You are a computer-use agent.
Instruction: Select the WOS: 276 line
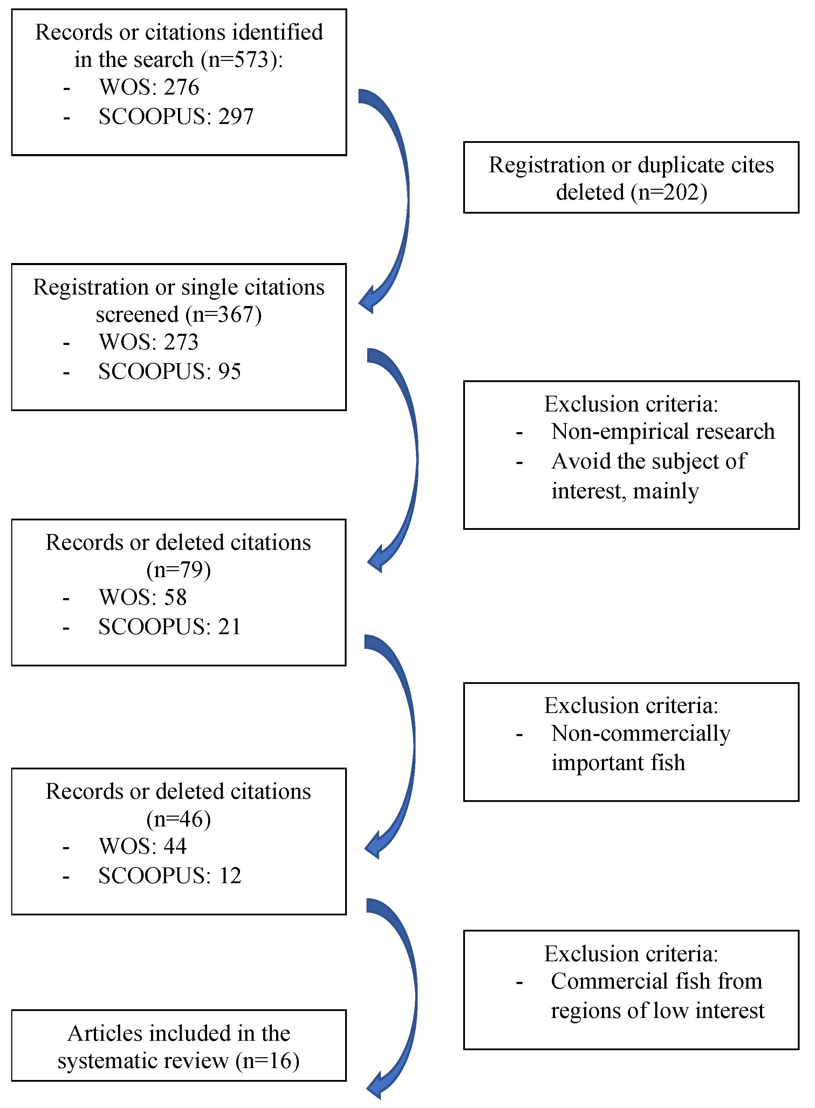coord(149,87)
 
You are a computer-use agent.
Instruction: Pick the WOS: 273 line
coord(149,342)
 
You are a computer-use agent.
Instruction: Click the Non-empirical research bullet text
coord(663,431)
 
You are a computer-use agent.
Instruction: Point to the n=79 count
coord(179,570)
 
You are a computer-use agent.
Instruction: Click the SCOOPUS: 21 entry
coord(170,627)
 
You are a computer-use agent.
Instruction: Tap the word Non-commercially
coord(641,733)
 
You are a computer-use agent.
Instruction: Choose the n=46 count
coord(179,819)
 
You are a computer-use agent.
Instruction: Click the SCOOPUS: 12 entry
coord(170,876)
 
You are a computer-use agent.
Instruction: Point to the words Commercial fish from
coord(656,981)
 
